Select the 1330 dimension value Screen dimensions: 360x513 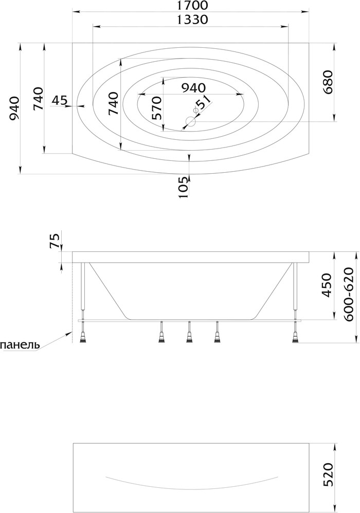coord(192,20)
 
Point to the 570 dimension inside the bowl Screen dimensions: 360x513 coord(156,107)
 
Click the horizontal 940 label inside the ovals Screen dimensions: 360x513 coord(193,88)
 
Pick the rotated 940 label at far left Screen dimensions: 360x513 coord(15,108)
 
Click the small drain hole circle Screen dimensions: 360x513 coord(190,122)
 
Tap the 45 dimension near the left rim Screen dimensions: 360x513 coord(59,100)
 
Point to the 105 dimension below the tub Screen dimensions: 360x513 coord(184,187)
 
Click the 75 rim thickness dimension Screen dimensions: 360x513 coord(55,241)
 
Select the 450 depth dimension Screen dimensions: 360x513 coord(327,285)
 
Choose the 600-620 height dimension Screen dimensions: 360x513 coord(349,294)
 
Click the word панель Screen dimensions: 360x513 coord(20,345)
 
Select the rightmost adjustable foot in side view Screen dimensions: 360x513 coord(296,332)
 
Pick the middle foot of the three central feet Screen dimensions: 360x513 coord(189,332)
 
